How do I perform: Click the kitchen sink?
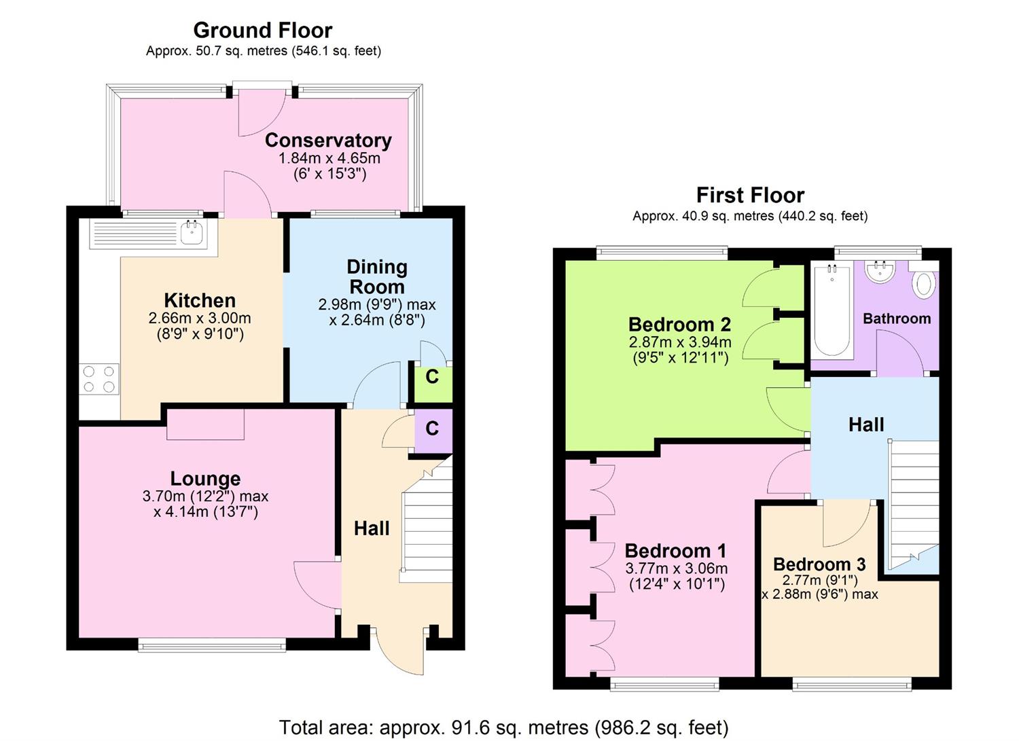point(193,233)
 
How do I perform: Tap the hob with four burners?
point(99,379)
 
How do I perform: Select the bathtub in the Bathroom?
point(832,310)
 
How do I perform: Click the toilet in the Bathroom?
point(923,283)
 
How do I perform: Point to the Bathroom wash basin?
point(880,272)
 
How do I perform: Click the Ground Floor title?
point(262,31)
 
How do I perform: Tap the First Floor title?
point(750,196)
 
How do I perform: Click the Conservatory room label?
point(328,141)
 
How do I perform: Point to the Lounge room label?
point(205,479)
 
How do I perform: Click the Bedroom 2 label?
point(679,324)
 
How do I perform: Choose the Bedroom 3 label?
point(819,564)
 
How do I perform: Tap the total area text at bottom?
point(503,727)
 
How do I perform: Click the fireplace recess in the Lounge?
point(205,424)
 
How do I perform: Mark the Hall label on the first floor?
point(866,425)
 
